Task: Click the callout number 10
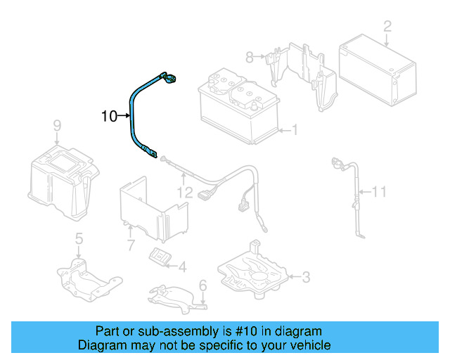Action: click(x=109, y=116)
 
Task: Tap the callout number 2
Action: click(x=387, y=27)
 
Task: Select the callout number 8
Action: click(x=249, y=56)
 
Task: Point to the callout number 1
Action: click(x=295, y=129)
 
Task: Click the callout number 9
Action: click(x=57, y=126)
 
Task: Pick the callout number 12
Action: click(x=184, y=191)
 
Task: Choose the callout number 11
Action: click(x=380, y=191)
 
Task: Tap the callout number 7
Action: click(x=130, y=245)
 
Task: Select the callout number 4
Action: click(x=182, y=266)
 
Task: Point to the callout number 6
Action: click(x=202, y=285)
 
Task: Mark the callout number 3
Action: click(x=305, y=277)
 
